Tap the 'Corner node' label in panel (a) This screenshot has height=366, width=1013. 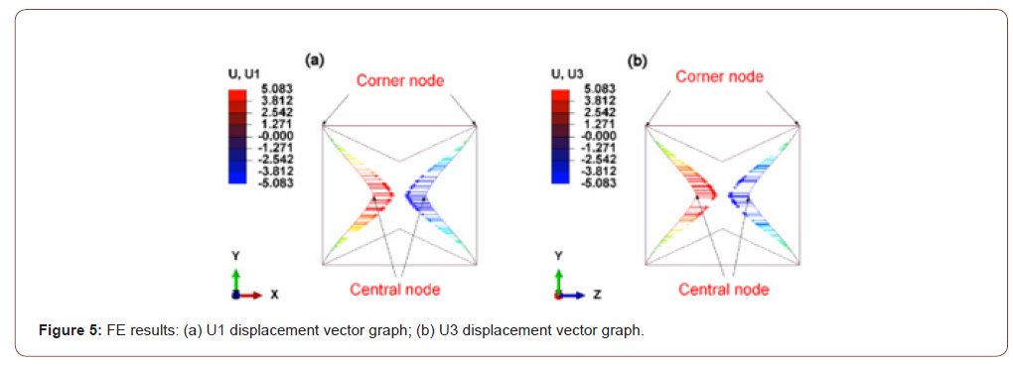coord(400,80)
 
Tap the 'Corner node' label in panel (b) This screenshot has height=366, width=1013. coord(720,76)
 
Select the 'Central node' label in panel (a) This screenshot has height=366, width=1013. coord(394,290)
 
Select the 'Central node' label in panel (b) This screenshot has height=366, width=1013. coord(724,290)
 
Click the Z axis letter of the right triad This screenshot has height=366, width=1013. coord(596,295)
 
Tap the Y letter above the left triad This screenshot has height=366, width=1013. coord(235,256)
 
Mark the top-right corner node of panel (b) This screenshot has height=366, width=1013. coord(798,124)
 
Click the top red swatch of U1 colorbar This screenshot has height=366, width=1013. coord(237,93)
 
